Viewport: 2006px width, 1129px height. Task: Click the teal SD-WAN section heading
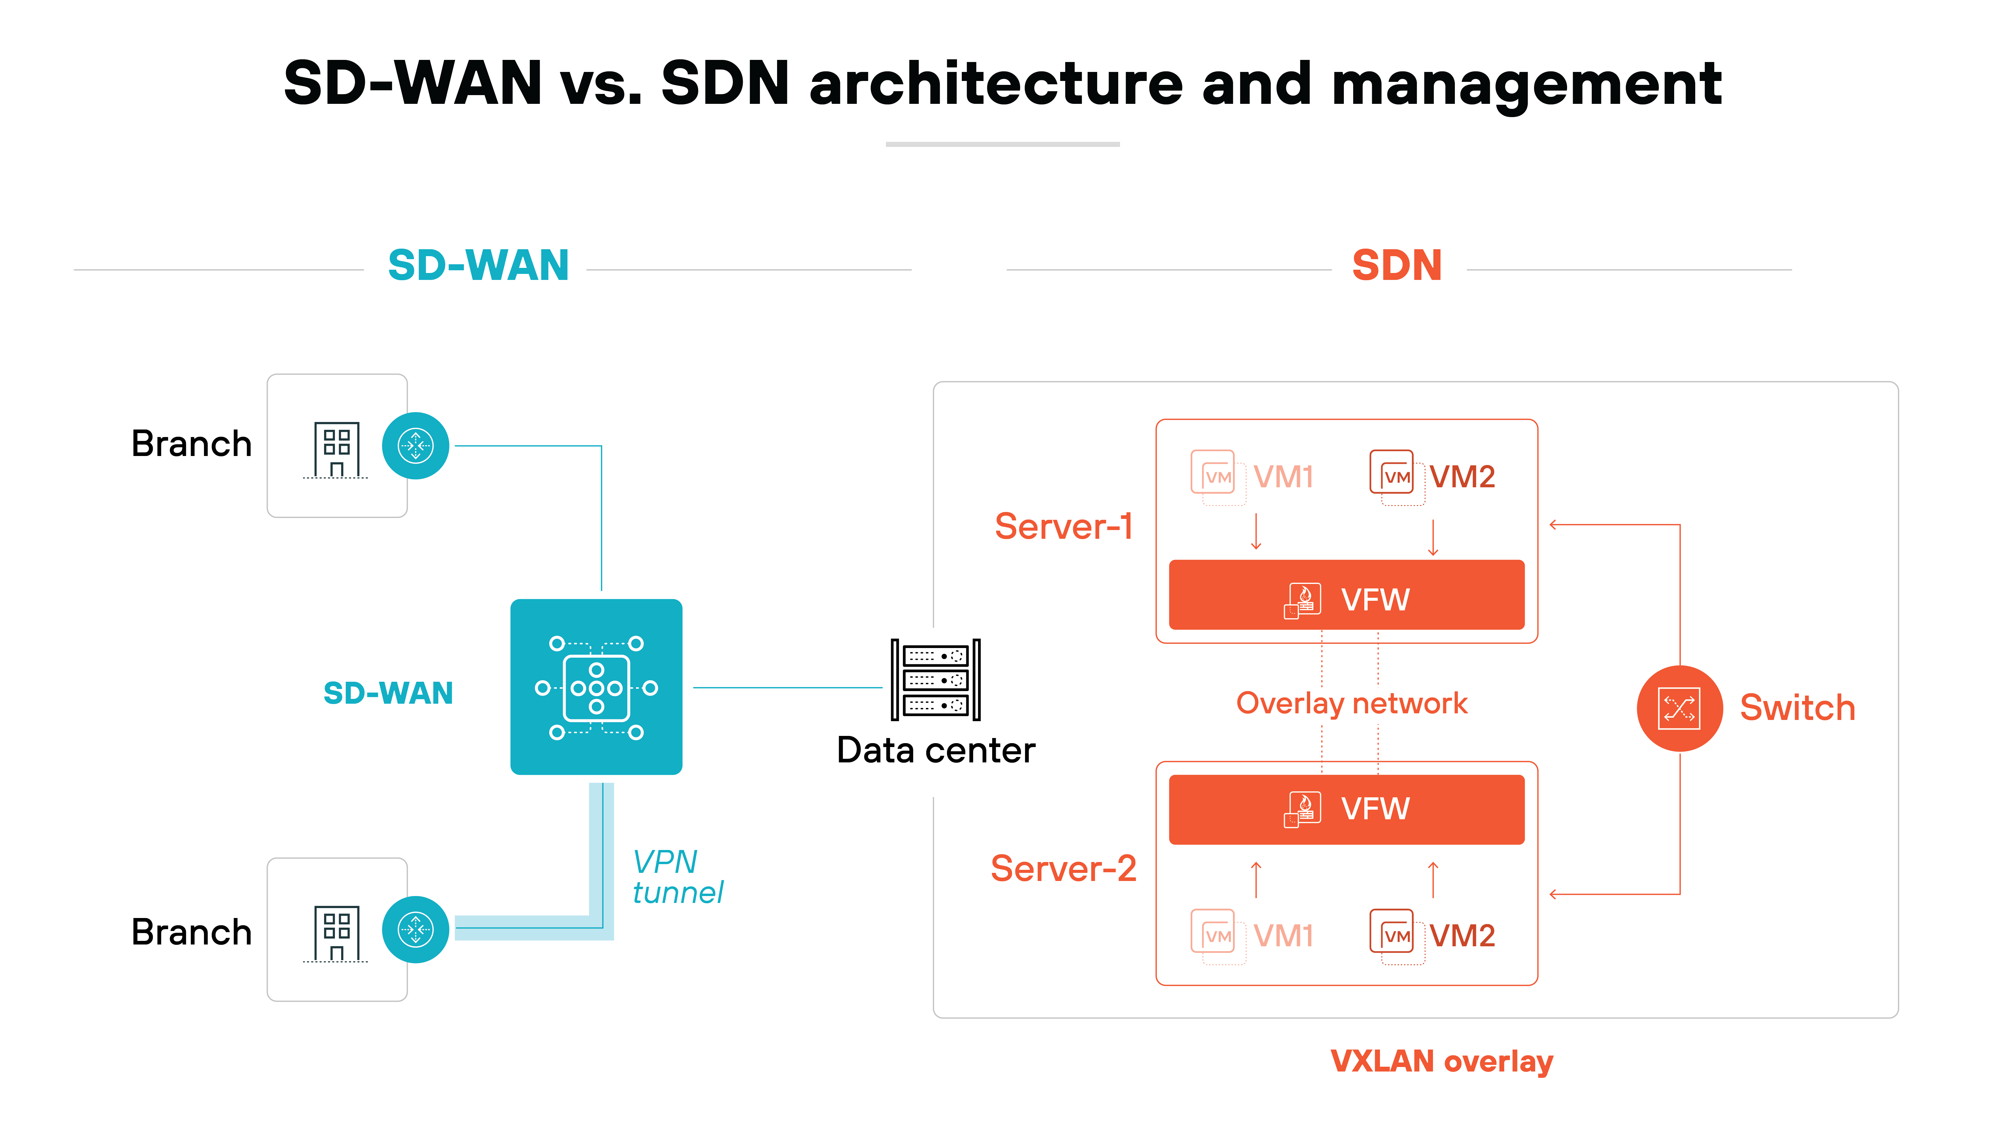[x=478, y=266]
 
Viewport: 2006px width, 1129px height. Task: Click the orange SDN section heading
[x=1396, y=266]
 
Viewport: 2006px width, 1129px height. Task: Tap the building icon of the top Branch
[x=336, y=450]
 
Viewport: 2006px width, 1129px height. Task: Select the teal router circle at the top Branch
[x=415, y=446]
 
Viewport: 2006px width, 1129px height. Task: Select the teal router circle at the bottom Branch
[x=415, y=929]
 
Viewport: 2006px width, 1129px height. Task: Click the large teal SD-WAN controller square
[x=596, y=687]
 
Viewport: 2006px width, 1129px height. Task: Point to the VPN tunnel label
[x=676, y=876]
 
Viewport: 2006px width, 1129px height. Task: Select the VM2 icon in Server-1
[x=1392, y=473]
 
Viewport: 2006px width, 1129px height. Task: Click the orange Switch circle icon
[x=1679, y=708]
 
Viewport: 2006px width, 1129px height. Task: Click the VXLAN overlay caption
[x=1441, y=1061]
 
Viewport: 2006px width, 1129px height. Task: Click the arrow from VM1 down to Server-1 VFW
[x=1255, y=532]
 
